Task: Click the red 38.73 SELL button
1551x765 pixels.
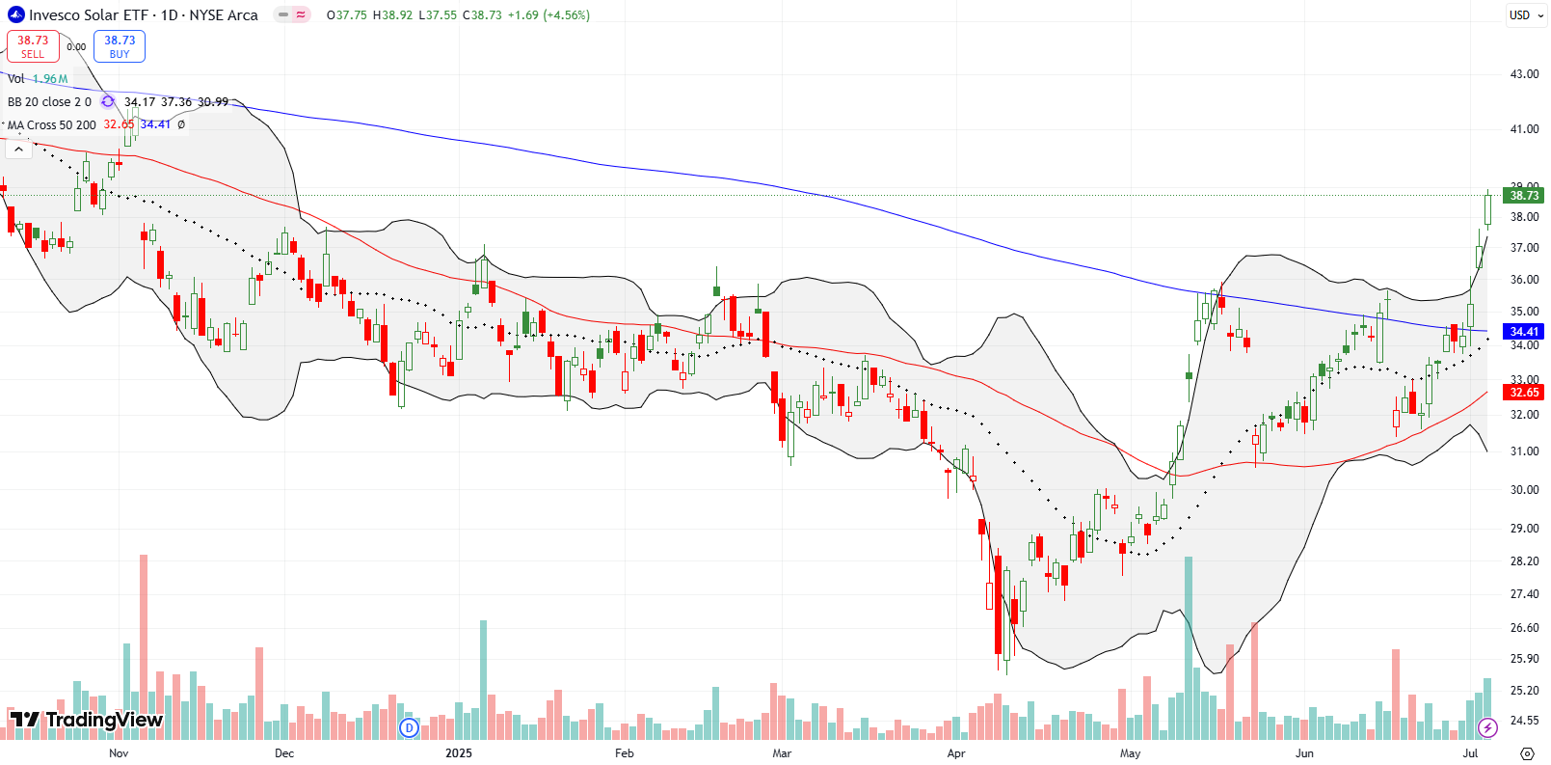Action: click(x=33, y=46)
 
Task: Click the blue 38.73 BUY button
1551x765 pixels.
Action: click(x=120, y=46)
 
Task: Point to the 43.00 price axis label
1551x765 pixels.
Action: click(x=1524, y=74)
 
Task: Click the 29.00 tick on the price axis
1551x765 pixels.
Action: click(x=1524, y=529)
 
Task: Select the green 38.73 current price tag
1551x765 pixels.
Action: click(x=1524, y=195)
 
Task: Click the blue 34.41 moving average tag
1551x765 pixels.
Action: click(x=1524, y=332)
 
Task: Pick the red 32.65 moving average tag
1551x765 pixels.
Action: click(x=1524, y=393)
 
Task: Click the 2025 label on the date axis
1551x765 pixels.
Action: click(x=459, y=753)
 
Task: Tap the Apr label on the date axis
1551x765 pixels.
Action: click(x=956, y=753)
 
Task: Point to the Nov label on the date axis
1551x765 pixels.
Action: click(x=119, y=753)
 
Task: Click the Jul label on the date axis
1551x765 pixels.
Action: click(x=1470, y=753)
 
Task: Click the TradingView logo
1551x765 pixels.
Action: click(x=87, y=720)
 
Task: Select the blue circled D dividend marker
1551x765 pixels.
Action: click(x=409, y=727)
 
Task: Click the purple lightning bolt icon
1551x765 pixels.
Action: click(x=1487, y=727)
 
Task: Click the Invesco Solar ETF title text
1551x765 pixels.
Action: click(x=143, y=15)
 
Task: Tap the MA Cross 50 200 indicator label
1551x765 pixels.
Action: click(x=52, y=124)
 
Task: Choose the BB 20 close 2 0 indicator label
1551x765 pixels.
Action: click(x=49, y=101)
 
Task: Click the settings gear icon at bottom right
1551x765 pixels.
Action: click(x=1527, y=753)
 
